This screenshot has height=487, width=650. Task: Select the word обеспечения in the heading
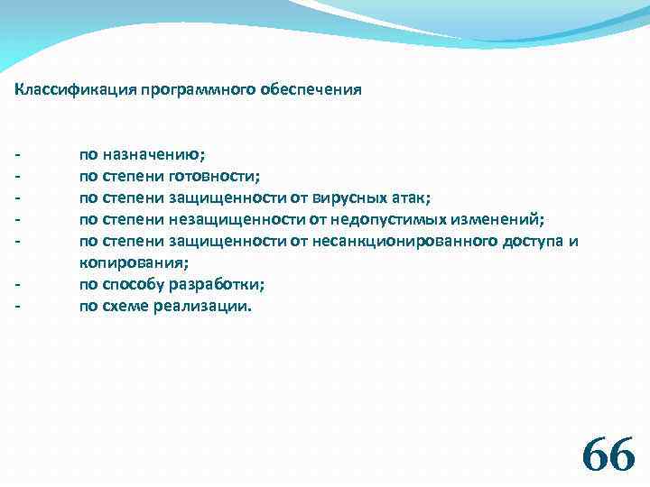[x=311, y=90]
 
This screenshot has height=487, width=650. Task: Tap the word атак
[x=413, y=198]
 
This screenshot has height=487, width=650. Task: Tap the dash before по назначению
[x=18, y=155]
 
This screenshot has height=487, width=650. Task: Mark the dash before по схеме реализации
[x=18, y=307]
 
